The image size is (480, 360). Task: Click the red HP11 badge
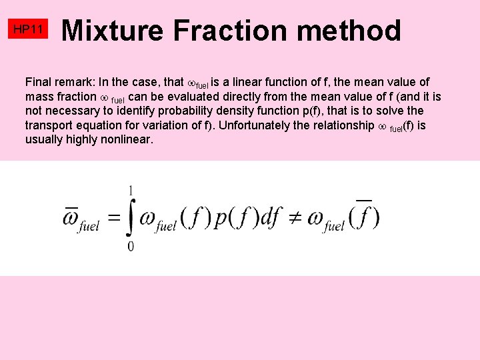pos(29,29)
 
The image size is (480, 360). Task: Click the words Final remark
pos(60,82)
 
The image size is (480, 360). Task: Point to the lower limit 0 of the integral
pos(130,247)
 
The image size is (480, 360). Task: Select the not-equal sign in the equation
pos(293,218)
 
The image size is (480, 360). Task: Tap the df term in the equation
pos(270,218)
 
